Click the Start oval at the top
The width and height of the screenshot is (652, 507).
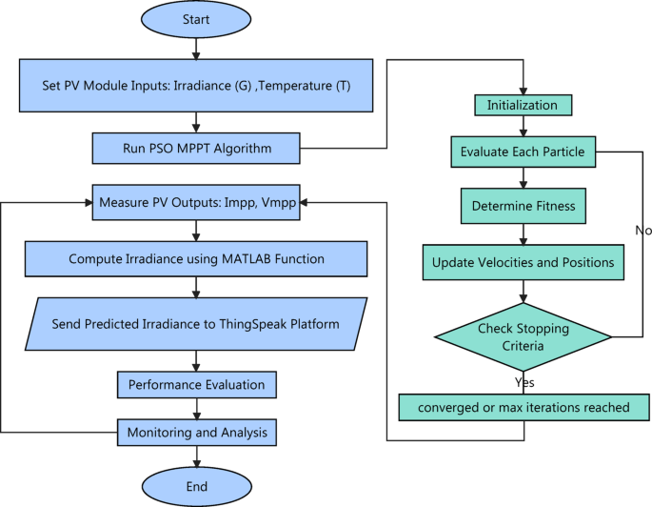[197, 20]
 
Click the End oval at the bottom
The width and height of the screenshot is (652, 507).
[197, 486]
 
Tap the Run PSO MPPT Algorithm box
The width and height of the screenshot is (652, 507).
[196, 148]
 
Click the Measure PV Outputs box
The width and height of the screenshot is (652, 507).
[196, 202]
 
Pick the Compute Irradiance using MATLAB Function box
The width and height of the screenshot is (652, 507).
[196, 257]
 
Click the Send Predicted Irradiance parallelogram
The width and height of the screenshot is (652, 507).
[196, 324]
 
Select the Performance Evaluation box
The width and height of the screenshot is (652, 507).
[197, 385]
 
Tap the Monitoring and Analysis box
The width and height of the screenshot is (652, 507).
[197, 432]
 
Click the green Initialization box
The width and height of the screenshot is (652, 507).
[523, 104]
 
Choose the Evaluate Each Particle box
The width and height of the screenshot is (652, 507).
[523, 151]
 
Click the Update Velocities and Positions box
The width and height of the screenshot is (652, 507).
[523, 261]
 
